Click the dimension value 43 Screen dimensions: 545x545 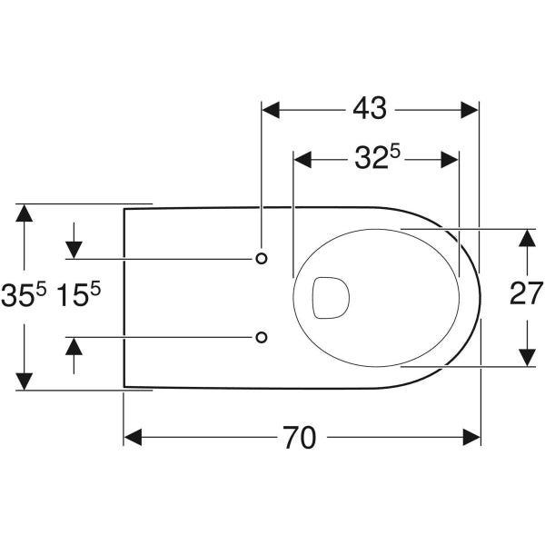pyautogui.click(x=370, y=108)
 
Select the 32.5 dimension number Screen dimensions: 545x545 pyautogui.click(x=377, y=158)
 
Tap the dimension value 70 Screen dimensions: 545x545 pyautogui.click(x=300, y=437)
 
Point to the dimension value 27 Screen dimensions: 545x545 pyautogui.click(x=526, y=293)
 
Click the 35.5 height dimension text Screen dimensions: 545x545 pyautogui.click(x=24, y=295)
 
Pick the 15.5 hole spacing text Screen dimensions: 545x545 pyautogui.click(x=78, y=295)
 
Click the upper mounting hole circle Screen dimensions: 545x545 pyautogui.click(x=262, y=258)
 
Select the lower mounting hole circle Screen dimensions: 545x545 pyautogui.click(x=262, y=337)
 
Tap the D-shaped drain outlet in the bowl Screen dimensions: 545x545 pyautogui.click(x=331, y=298)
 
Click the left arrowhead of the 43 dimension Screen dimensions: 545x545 pyautogui.click(x=271, y=110)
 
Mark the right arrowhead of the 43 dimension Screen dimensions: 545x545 pyautogui.click(x=470, y=110)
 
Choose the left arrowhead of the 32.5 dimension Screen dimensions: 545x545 pyautogui.click(x=302, y=160)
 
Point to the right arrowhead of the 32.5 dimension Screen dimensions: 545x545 pyautogui.click(x=450, y=160)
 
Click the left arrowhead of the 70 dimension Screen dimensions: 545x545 pyautogui.click(x=134, y=437)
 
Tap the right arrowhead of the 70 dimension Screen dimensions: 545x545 pyautogui.click(x=471, y=437)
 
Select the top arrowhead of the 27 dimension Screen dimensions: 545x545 pyautogui.click(x=527, y=238)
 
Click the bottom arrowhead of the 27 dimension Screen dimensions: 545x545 pyautogui.click(x=527, y=357)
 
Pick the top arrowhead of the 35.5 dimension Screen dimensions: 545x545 pyautogui.click(x=24, y=213)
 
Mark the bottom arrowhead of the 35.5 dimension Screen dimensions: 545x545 pyautogui.click(x=24, y=381)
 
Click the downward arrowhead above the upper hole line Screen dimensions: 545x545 pyautogui.click(x=74, y=250)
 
